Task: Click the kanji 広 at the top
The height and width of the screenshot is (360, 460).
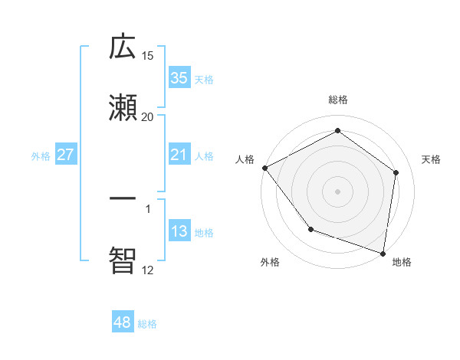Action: click(123, 47)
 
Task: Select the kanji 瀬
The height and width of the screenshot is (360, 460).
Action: click(123, 107)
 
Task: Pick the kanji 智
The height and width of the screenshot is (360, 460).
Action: click(123, 259)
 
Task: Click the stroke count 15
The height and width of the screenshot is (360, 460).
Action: click(148, 56)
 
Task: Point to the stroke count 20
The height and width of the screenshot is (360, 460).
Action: click(148, 116)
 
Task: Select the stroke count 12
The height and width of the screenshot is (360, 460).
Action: click(148, 270)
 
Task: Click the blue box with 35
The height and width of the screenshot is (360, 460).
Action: click(179, 78)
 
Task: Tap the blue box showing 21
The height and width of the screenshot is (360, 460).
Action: click(179, 155)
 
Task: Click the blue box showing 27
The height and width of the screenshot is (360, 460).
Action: click(65, 155)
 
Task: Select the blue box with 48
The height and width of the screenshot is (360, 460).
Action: click(123, 323)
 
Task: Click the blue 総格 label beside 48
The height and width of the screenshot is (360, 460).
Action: click(147, 324)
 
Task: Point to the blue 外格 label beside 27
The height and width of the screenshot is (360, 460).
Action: click(41, 156)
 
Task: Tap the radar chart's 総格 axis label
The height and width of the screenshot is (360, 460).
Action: click(338, 100)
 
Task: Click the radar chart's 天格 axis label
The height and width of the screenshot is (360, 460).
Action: click(432, 159)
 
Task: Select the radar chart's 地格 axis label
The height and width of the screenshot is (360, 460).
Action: click(402, 263)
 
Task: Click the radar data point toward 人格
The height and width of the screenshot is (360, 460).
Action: click(265, 168)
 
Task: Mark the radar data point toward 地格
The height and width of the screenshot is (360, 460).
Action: click(383, 253)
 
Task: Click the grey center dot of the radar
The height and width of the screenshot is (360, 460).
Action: click(338, 191)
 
